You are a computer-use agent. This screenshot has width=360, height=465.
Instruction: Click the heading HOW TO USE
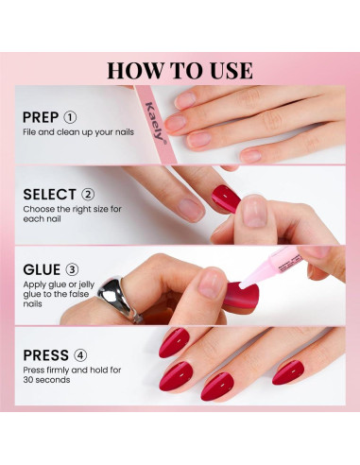(180, 70)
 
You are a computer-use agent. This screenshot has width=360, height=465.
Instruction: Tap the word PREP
(41, 117)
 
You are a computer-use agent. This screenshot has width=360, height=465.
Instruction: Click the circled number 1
(70, 117)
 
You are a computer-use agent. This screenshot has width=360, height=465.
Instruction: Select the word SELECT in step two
(49, 195)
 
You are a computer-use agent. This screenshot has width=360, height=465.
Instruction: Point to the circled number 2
(88, 195)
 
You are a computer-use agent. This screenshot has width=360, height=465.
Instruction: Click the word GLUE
(42, 269)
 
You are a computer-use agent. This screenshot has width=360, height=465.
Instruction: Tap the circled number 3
(72, 269)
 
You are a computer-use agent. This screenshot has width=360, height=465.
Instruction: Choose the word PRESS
(45, 355)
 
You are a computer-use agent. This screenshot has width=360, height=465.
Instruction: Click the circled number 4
(80, 355)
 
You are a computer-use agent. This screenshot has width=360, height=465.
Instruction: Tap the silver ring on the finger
(119, 299)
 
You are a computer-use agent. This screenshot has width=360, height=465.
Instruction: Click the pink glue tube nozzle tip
(242, 284)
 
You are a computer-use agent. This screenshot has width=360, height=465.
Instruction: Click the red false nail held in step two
(226, 198)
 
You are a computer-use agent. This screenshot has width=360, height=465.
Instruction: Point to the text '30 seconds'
(46, 380)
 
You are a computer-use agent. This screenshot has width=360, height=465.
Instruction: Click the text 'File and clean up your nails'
(78, 132)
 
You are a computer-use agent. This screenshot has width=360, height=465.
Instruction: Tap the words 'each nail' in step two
(42, 218)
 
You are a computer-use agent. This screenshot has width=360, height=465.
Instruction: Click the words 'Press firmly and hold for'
(72, 370)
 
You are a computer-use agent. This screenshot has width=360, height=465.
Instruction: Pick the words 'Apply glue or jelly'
(59, 284)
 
